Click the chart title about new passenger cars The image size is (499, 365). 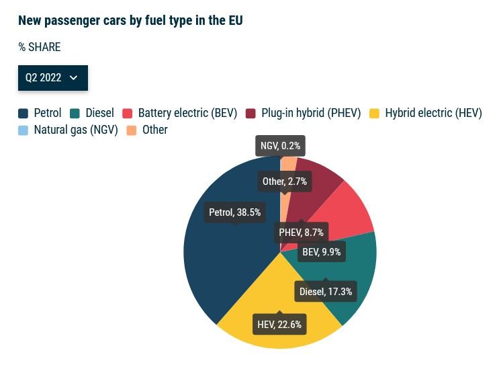point(130,20)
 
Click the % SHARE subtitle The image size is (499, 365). point(40,47)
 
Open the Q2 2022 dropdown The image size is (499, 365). point(52,78)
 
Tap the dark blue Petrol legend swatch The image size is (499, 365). point(23,114)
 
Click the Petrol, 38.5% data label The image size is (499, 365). point(234,212)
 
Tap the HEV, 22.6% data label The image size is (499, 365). point(279,325)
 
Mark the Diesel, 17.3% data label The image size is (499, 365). point(326,292)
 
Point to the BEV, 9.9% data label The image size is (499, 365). point(322,253)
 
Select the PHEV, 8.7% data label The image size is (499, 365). point(302,233)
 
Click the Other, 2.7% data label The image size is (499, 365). point(285,181)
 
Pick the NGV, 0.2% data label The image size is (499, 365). point(281,145)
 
